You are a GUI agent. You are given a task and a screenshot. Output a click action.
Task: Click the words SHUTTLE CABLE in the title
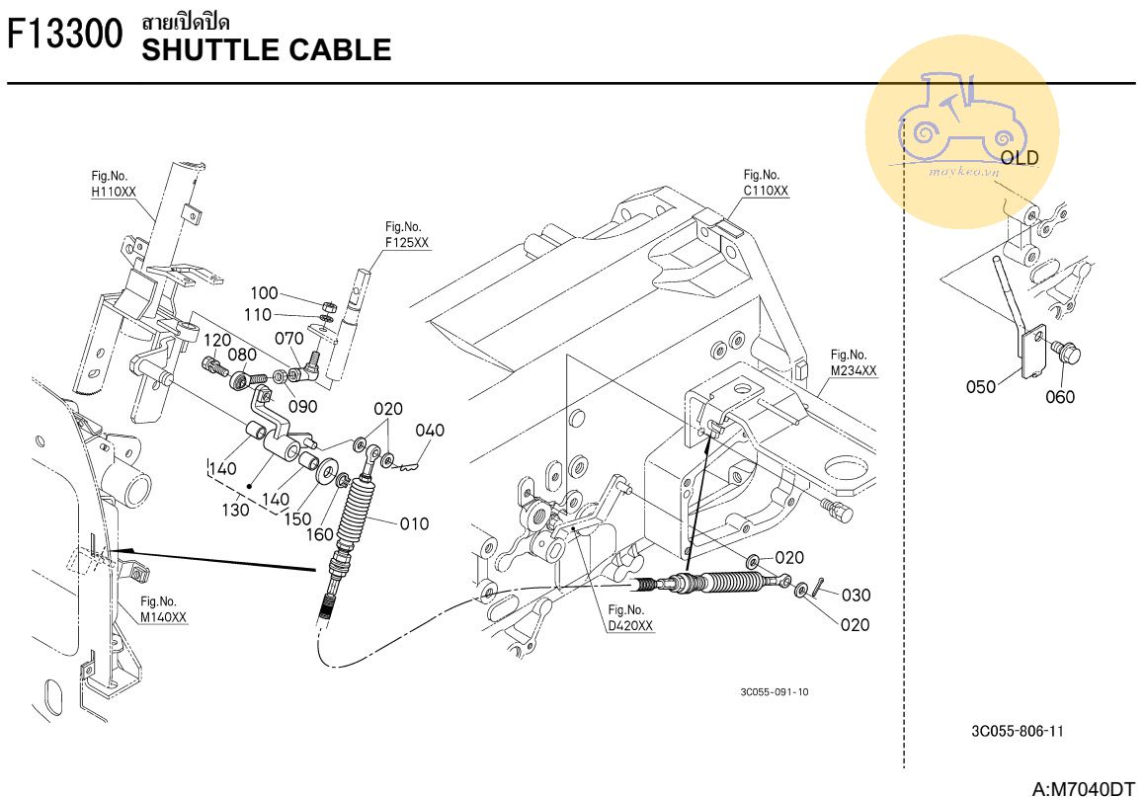[266, 49]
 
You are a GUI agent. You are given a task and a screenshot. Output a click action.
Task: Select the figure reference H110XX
[113, 192]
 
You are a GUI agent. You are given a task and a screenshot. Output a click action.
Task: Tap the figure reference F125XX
[407, 243]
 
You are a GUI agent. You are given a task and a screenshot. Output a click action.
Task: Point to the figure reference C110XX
[766, 190]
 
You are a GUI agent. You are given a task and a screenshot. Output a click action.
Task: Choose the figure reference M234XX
[853, 370]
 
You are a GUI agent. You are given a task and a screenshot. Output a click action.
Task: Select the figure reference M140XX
[163, 617]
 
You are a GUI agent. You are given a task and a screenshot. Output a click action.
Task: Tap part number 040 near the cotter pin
[430, 431]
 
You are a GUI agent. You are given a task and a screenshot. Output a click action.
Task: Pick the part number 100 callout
[264, 293]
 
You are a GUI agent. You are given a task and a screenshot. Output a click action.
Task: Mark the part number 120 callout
[217, 341]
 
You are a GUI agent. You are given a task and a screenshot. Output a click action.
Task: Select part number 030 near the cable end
[856, 596]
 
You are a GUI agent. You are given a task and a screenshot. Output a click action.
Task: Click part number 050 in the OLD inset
[981, 387]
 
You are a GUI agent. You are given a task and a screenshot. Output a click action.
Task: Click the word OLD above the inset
[1020, 158]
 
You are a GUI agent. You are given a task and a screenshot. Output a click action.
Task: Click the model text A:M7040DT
[1083, 788]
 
